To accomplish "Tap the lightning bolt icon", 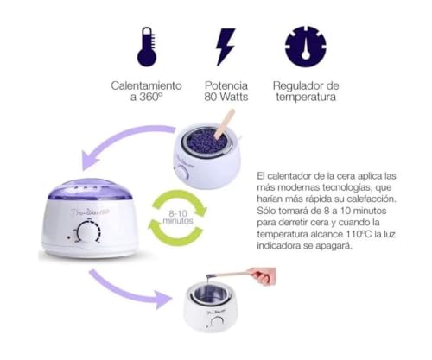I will coord(226,47).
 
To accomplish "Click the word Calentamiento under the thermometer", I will coord(146,86).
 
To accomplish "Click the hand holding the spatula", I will coord(263,276).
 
